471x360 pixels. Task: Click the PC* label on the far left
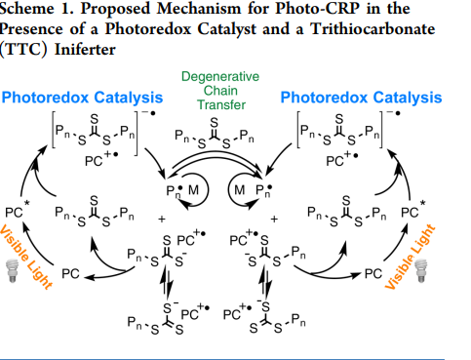15,211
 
